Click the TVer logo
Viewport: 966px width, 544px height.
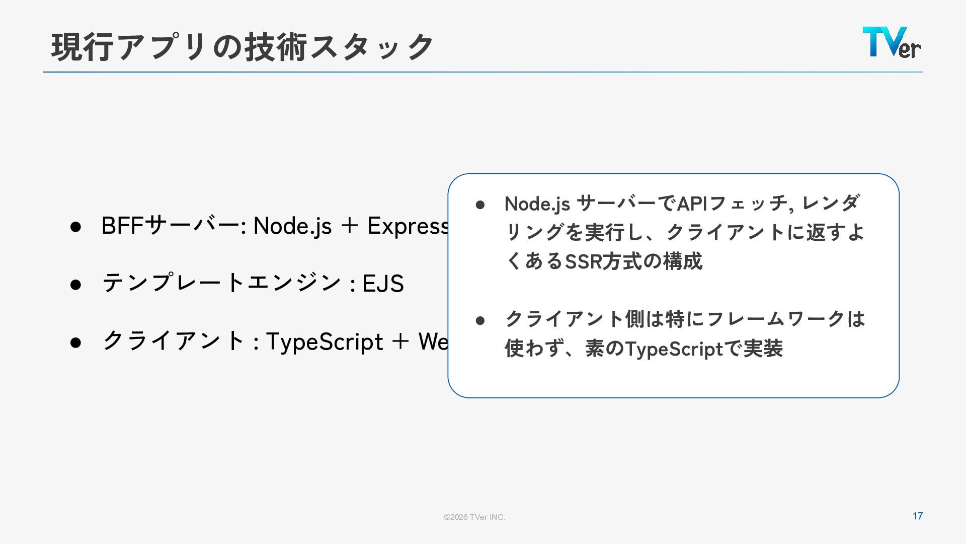tap(892, 42)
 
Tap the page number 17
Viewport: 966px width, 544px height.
tap(918, 516)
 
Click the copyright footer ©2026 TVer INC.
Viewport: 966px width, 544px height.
tap(474, 517)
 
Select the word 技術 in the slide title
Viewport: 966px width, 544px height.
tap(276, 47)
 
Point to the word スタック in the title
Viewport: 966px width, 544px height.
tap(371, 47)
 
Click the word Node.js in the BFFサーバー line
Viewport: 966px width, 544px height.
tap(292, 226)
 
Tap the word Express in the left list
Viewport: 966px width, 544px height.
tap(409, 226)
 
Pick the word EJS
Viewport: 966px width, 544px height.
tap(383, 284)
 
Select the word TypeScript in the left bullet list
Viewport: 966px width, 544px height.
tap(324, 342)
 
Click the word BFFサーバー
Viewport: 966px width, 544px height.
tap(170, 226)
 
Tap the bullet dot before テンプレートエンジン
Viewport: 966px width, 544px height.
tap(76, 285)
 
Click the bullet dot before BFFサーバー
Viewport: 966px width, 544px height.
tap(76, 227)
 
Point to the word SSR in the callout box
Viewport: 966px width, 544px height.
tap(584, 261)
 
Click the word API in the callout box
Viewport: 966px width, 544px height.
tap(692, 204)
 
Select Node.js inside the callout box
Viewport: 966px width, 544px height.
tap(537, 204)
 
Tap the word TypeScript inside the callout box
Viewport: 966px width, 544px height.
tap(673, 349)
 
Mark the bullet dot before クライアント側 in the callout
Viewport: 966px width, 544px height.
tap(480, 320)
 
